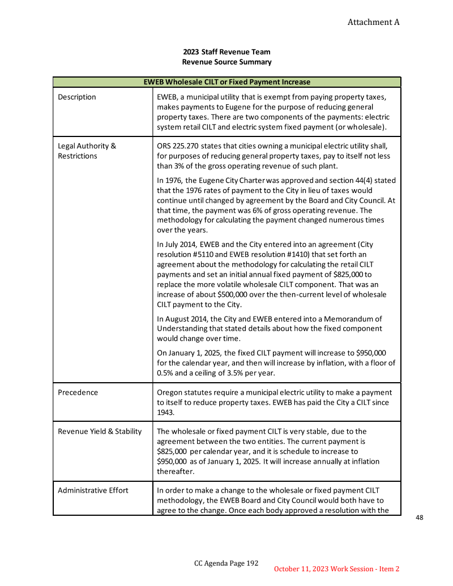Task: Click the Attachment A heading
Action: (373, 22)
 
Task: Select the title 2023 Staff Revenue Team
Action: (226, 52)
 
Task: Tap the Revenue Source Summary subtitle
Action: (226, 62)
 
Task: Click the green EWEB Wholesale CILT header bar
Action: (226, 82)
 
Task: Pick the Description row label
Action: (77, 97)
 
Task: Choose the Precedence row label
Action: (78, 392)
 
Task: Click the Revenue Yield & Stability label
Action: (100, 431)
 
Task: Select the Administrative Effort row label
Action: (93, 490)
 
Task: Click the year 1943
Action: (165, 413)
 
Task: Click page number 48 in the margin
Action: (420, 517)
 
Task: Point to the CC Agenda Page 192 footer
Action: (226, 563)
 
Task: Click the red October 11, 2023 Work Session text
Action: (337, 568)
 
